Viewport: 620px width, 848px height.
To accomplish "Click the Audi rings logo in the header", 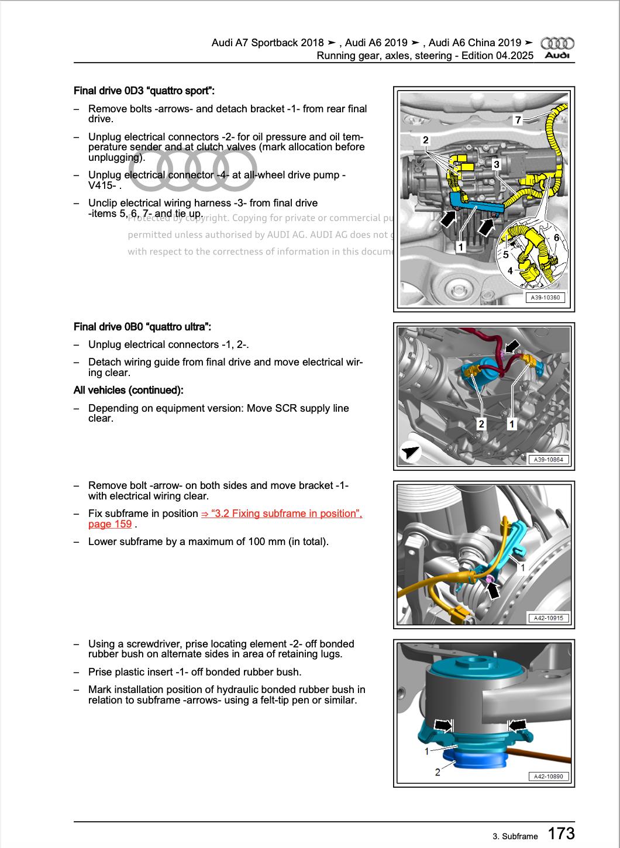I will [557, 43].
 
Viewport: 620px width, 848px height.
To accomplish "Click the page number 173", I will [561, 833].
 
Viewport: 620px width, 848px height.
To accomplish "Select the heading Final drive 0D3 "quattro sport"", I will [144, 91].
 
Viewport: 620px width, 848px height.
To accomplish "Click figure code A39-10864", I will [548, 460].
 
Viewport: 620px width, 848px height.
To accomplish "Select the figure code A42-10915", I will [548, 618].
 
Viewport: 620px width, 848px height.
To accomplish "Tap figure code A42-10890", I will [548, 777].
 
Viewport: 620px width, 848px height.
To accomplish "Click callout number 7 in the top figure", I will [518, 120].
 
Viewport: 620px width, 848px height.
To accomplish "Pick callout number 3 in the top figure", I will [496, 164].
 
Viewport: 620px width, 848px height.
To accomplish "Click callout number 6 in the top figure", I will [557, 237].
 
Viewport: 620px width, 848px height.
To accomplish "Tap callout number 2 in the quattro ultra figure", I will [481, 424].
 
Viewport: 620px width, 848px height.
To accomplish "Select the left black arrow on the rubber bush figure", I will [444, 725].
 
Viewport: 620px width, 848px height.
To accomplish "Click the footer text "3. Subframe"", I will [515, 836].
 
